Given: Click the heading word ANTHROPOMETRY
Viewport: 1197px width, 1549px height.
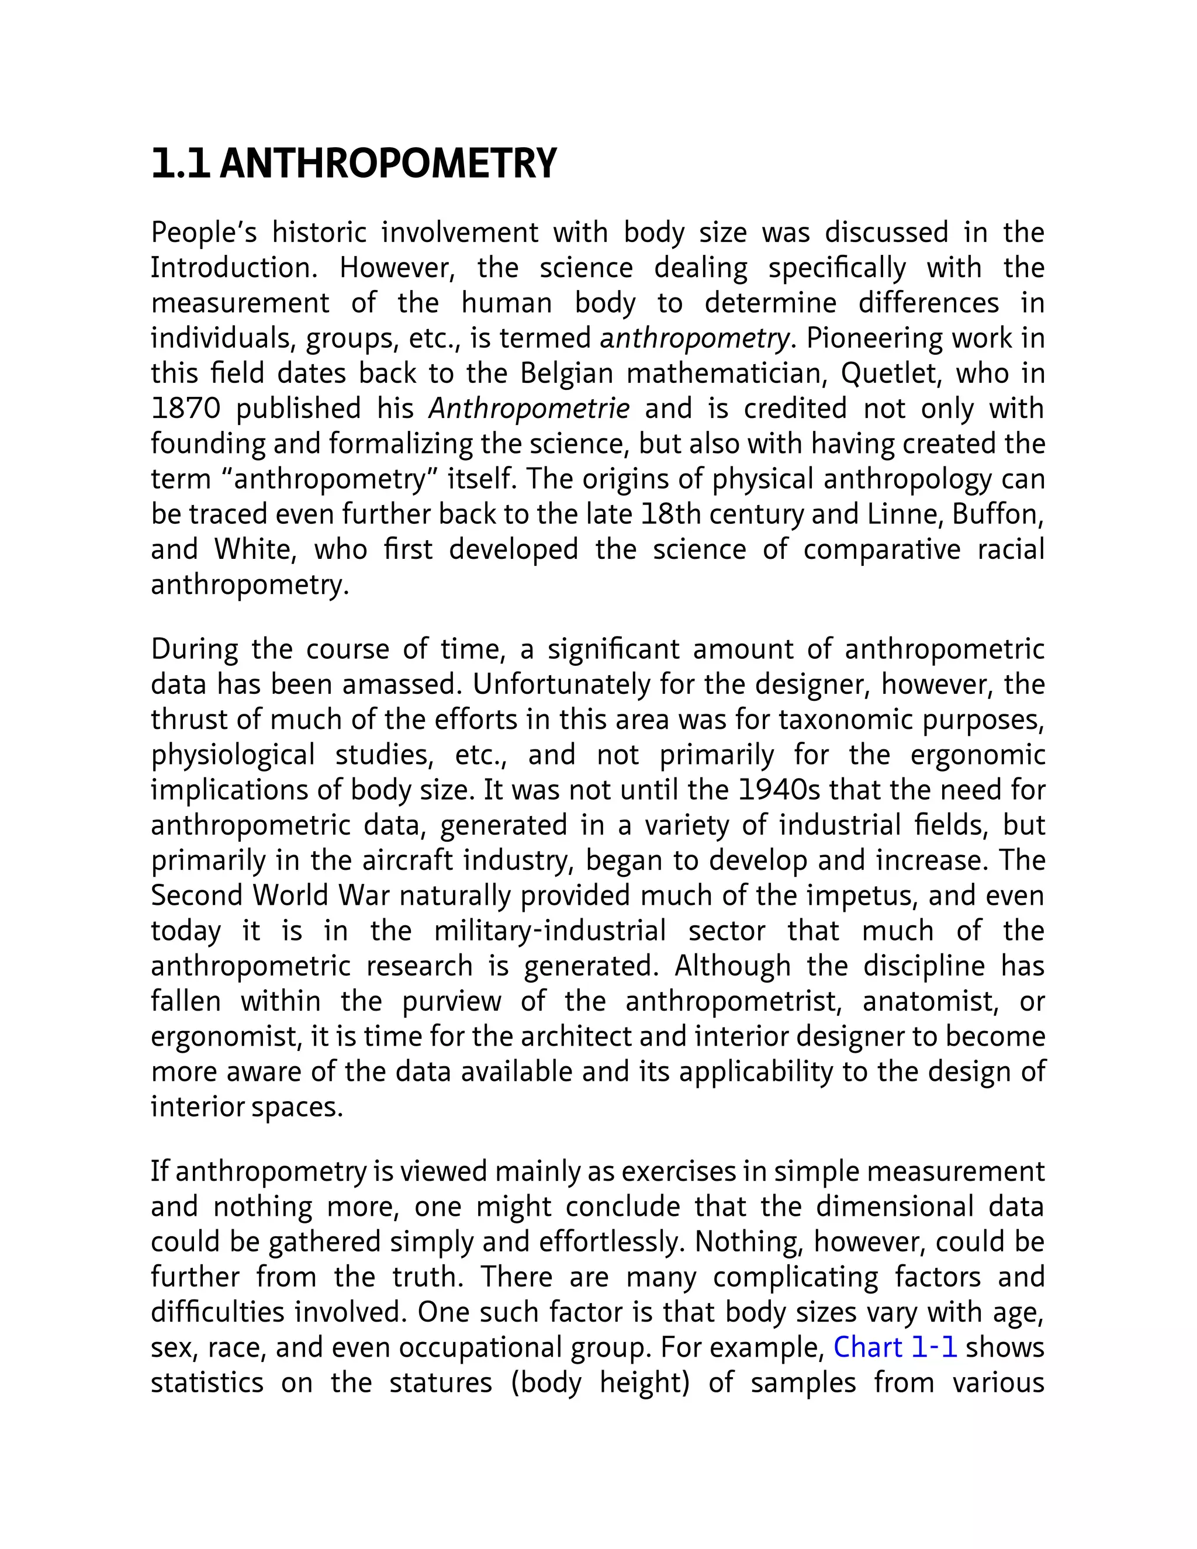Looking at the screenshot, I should pyautogui.click(x=389, y=164).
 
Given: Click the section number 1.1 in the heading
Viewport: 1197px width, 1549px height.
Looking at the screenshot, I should pyautogui.click(x=180, y=164).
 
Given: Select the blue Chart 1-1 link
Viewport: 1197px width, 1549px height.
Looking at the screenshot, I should pyautogui.click(x=895, y=1347).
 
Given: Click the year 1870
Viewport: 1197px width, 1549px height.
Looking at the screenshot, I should pyautogui.click(x=186, y=409).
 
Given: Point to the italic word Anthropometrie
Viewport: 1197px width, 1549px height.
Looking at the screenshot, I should pyautogui.click(x=529, y=409).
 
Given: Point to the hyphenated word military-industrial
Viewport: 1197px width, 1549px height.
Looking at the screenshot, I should pyautogui.click(x=549, y=931).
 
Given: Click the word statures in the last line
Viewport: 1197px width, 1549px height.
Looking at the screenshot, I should pyautogui.click(x=440, y=1382).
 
